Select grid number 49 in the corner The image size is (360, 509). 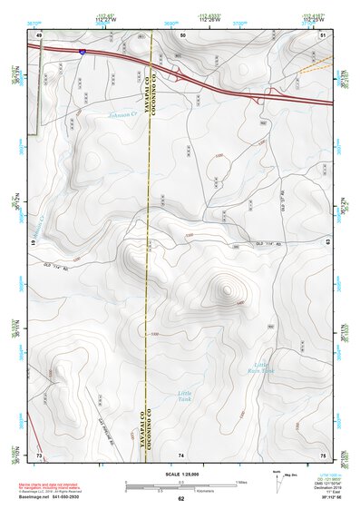click(40, 34)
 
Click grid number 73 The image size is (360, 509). click(39, 454)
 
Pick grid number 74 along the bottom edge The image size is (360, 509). click(181, 454)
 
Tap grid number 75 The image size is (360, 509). click(323, 454)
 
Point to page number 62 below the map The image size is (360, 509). click(180, 498)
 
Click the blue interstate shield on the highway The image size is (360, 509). click(82, 53)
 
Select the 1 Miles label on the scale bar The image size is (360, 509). click(239, 481)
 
